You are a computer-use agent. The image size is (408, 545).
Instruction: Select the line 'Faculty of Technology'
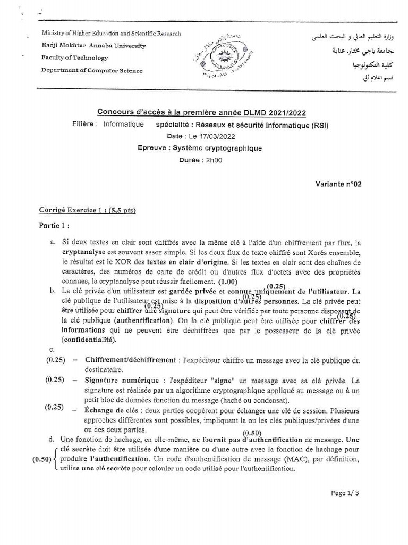point(74,57)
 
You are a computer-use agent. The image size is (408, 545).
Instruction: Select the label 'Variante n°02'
point(338,184)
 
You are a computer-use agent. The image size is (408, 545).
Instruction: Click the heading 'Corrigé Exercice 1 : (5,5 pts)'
point(88,211)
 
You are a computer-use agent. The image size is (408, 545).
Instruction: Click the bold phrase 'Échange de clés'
point(110,410)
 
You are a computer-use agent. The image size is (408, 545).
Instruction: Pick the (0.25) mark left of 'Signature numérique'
point(55,380)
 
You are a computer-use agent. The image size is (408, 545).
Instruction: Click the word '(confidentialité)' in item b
point(88,339)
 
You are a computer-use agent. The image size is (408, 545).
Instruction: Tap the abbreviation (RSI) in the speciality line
point(319,126)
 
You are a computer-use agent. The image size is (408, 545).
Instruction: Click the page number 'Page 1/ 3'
point(345,493)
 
